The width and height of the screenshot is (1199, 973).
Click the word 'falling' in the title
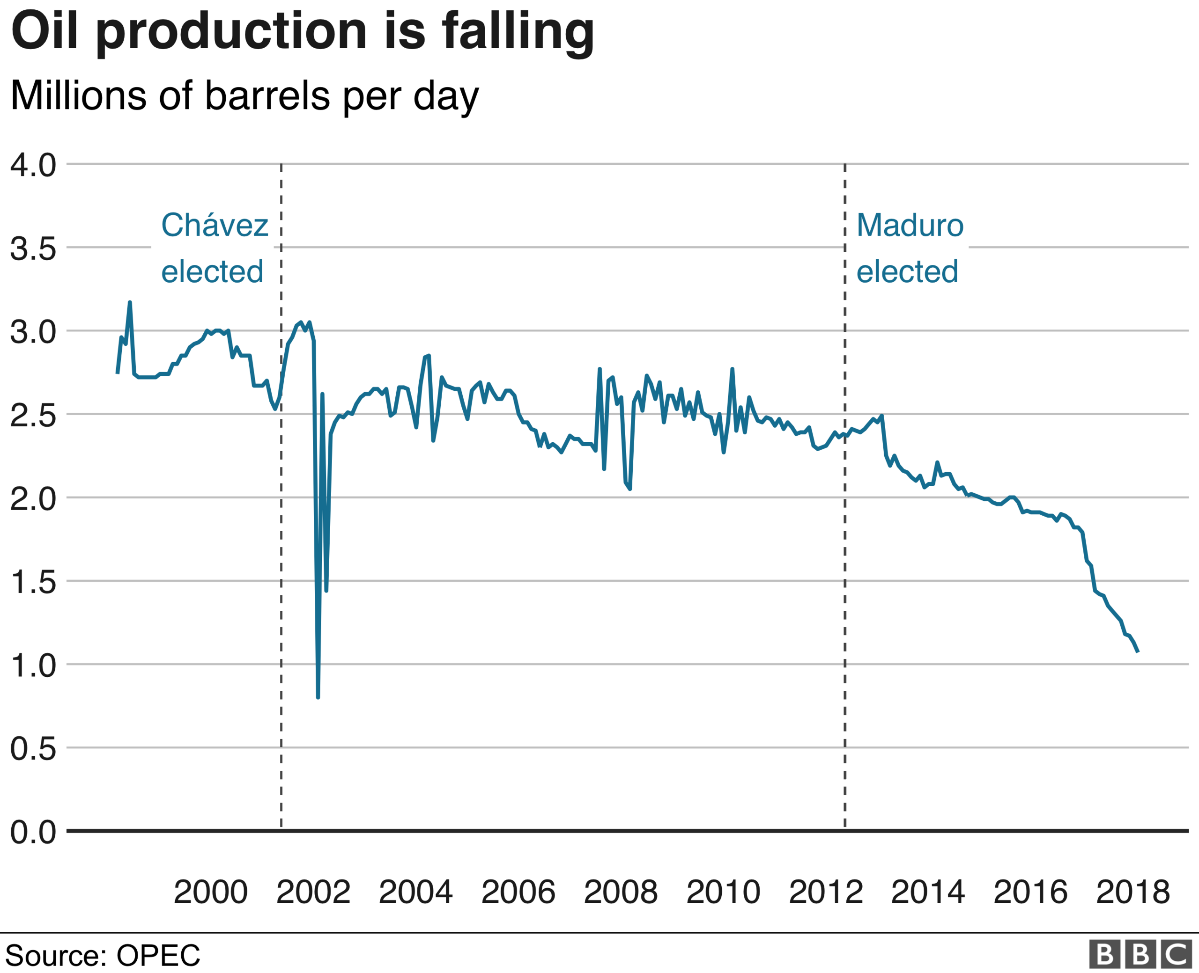tap(517, 32)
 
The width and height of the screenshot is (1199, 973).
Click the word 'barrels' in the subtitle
tap(267, 95)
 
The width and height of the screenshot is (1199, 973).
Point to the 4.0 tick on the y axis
tap(33, 166)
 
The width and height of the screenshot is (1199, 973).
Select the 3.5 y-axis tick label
tap(33, 249)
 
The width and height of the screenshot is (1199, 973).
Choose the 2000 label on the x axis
tap(210, 892)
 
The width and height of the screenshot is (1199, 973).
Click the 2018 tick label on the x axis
tap(1133, 892)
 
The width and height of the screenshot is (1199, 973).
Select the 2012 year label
tap(826, 892)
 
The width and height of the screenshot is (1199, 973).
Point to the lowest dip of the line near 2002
tap(318, 697)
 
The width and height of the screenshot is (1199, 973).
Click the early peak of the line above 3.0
tap(130, 303)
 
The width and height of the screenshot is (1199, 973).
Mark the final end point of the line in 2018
tap(1138, 652)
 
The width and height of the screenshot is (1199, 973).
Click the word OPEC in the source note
tap(158, 956)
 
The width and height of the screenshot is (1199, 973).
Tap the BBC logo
tap(1140, 954)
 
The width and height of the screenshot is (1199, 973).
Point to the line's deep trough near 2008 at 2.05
tap(630, 489)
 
